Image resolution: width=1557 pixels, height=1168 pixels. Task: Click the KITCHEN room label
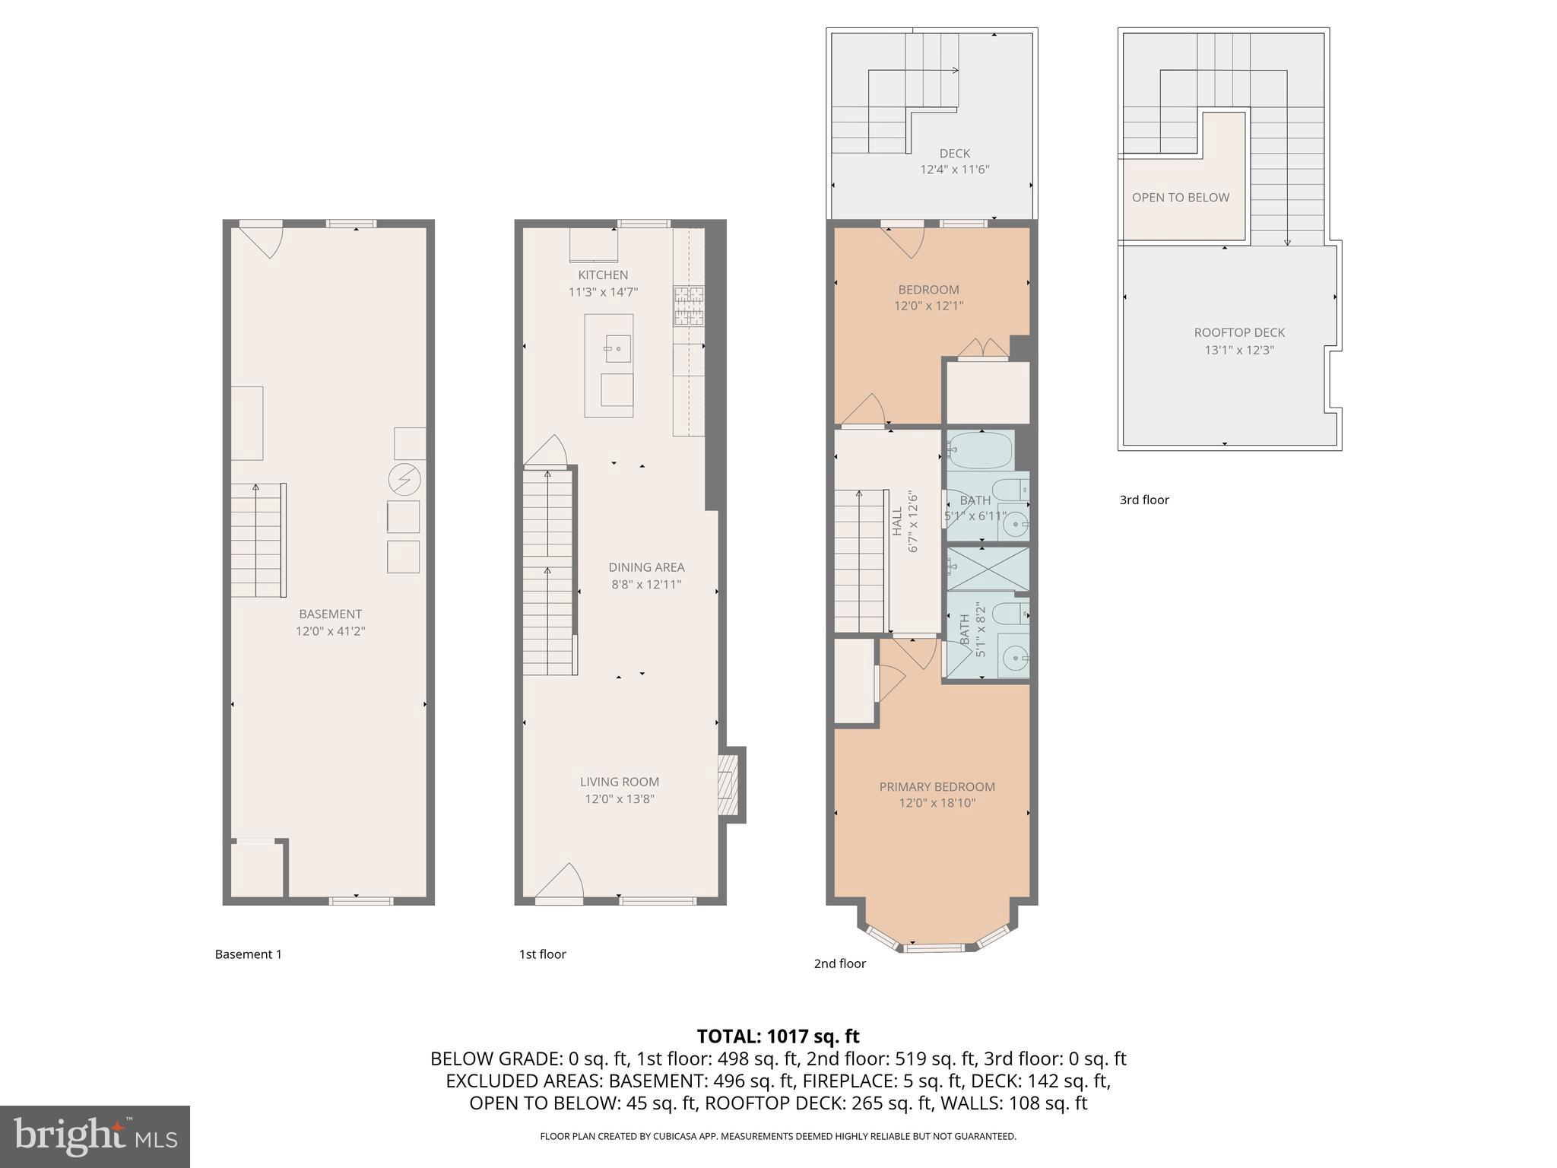click(x=603, y=275)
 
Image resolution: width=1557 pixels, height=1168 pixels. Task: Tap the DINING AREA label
click(x=646, y=567)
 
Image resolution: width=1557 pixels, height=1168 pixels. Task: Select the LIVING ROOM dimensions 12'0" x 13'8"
click(x=619, y=799)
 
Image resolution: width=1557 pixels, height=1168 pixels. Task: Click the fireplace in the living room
click(x=729, y=785)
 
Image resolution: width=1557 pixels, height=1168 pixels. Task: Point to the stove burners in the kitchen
click(x=688, y=306)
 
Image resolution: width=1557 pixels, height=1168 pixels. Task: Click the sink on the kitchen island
click(x=617, y=349)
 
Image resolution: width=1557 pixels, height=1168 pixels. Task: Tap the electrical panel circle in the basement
click(x=404, y=479)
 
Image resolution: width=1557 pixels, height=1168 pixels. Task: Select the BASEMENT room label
click(x=330, y=614)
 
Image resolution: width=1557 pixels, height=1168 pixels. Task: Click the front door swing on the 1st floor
click(x=560, y=882)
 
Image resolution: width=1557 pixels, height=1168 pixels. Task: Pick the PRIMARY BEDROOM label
click(x=937, y=787)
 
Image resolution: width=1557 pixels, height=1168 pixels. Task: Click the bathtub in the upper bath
click(x=981, y=450)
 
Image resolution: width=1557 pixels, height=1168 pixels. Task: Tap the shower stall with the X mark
click(x=988, y=569)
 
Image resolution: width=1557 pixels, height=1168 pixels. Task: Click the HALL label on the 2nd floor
click(x=897, y=522)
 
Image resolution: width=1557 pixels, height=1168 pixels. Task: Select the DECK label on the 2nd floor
click(x=954, y=154)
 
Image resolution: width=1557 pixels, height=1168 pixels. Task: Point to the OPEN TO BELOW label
click(x=1180, y=198)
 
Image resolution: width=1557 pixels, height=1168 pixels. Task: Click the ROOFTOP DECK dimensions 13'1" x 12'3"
click(x=1239, y=351)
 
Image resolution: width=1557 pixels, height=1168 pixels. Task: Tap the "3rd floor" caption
click(x=1143, y=500)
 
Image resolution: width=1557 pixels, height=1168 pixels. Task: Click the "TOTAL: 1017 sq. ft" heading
click(x=778, y=1036)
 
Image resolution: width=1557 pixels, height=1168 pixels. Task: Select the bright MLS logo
click(x=95, y=1136)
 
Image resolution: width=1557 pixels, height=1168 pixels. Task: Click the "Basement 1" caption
click(x=248, y=954)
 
